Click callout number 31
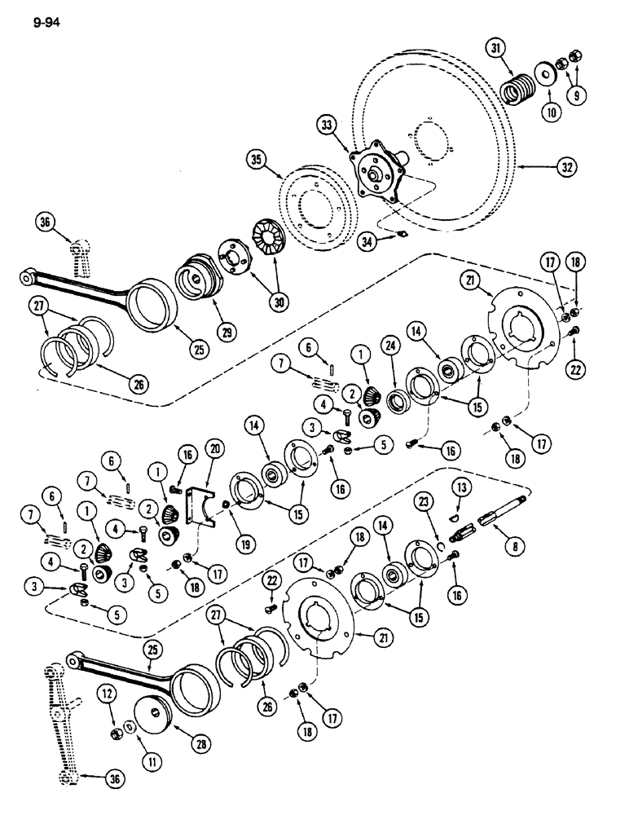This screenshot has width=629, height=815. coord(496,50)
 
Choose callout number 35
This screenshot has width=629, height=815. coord(279,174)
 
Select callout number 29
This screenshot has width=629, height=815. coord(219,332)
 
